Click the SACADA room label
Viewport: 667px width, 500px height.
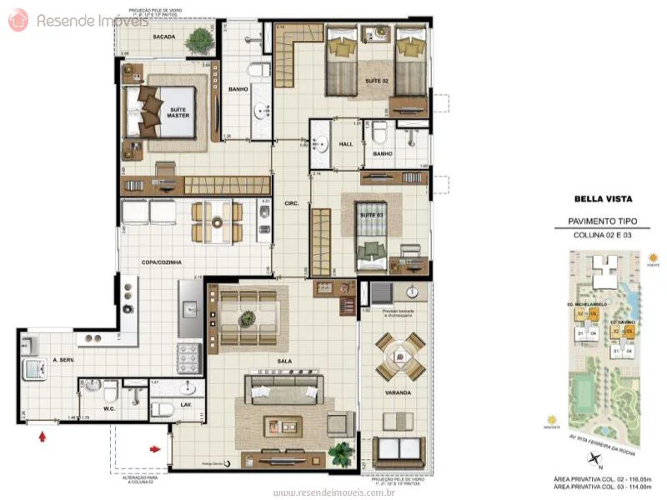click(163, 37)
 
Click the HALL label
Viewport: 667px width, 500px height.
click(346, 144)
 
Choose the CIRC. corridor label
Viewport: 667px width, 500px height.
click(291, 203)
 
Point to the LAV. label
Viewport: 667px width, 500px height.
click(187, 404)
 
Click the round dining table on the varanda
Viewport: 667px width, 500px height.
click(399, 357)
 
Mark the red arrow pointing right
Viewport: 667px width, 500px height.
click(155, 450)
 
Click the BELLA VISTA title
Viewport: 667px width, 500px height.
click(603, 199)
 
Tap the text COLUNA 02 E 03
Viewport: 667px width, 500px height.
click(603, 235)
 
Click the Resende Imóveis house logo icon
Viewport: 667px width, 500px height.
click(18, 20)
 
